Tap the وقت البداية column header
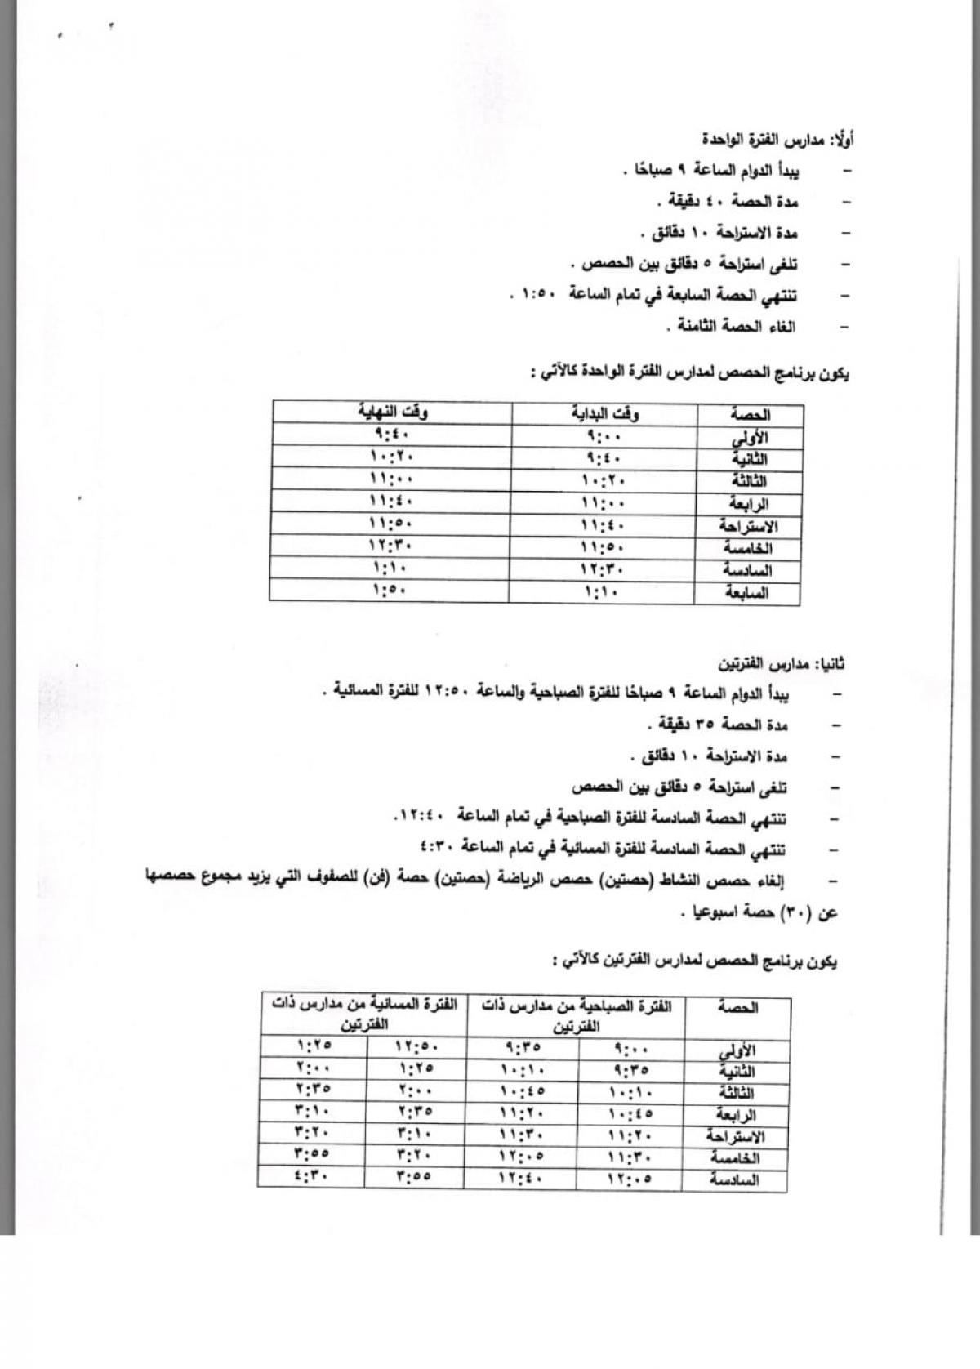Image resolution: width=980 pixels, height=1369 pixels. point(604,413)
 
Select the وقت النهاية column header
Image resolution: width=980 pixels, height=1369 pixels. point(392,412)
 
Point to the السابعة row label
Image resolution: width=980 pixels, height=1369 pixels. point(747,592)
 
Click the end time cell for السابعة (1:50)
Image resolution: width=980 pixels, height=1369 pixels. point(390,590)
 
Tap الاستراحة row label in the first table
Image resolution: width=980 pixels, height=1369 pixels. point(745,525)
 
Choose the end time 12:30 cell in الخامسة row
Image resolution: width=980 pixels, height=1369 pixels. point(390,546)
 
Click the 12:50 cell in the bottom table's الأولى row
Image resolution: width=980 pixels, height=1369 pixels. point(416,1046)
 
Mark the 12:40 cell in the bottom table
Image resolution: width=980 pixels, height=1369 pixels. point(522,1177)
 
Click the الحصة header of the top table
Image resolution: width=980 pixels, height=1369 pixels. point(749,414)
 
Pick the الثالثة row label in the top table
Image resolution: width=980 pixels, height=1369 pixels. point(748,480)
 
